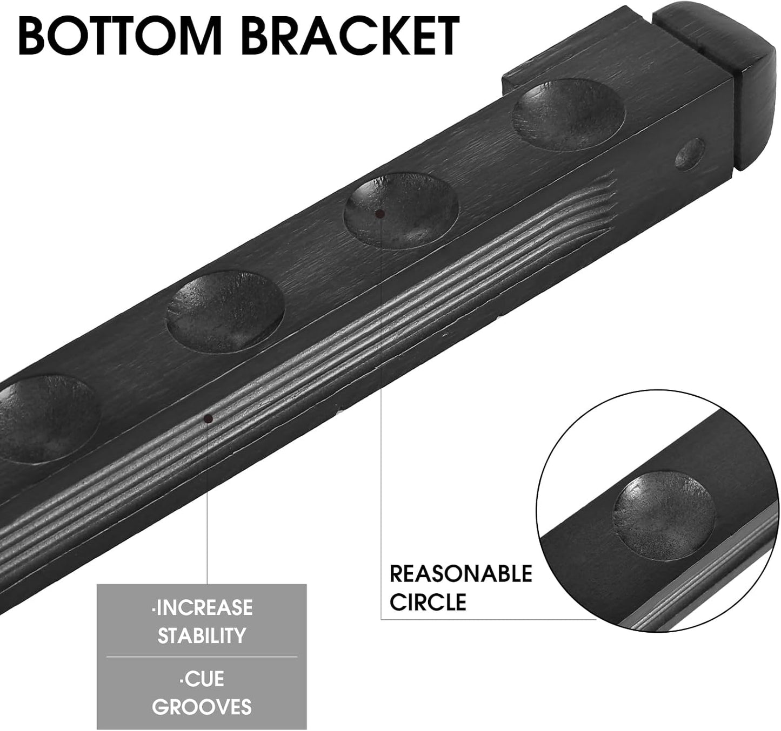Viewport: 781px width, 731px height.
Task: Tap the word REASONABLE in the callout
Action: tap(460, 574)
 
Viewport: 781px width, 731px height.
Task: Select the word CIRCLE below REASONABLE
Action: tap(428, 602)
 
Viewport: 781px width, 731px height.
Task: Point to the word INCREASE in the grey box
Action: tap(202, 608)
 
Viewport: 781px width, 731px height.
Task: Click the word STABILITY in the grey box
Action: tap(202, 635)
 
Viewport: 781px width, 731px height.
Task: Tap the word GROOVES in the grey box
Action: tap(202, 707)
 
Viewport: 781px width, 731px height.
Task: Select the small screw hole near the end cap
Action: tap(690, 154)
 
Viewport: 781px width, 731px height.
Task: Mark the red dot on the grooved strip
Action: tap(208, 418)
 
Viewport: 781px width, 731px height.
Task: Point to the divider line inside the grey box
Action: tap(202, 657)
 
